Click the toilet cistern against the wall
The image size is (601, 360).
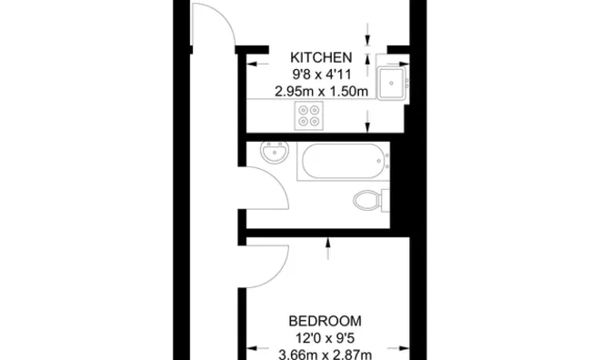tap(386, 199)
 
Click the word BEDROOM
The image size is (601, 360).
tap(325, 321)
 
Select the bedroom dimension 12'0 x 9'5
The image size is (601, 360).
tap(325, 337)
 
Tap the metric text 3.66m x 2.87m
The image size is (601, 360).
tap(325, 354)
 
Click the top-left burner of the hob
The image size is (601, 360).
tap(303, 109)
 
